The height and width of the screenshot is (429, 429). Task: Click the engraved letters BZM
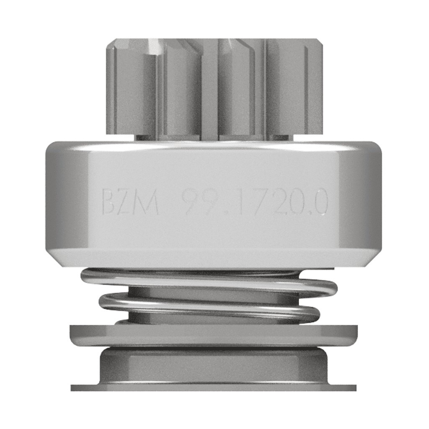[130, 204]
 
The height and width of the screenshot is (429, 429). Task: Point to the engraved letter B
[110, 204]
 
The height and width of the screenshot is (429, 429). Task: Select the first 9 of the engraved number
[192, 204]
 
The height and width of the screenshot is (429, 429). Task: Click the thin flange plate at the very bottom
[214, 388]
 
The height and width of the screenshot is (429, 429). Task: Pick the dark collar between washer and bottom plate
[214, 365]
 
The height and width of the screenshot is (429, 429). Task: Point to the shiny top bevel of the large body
[214, 145]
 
